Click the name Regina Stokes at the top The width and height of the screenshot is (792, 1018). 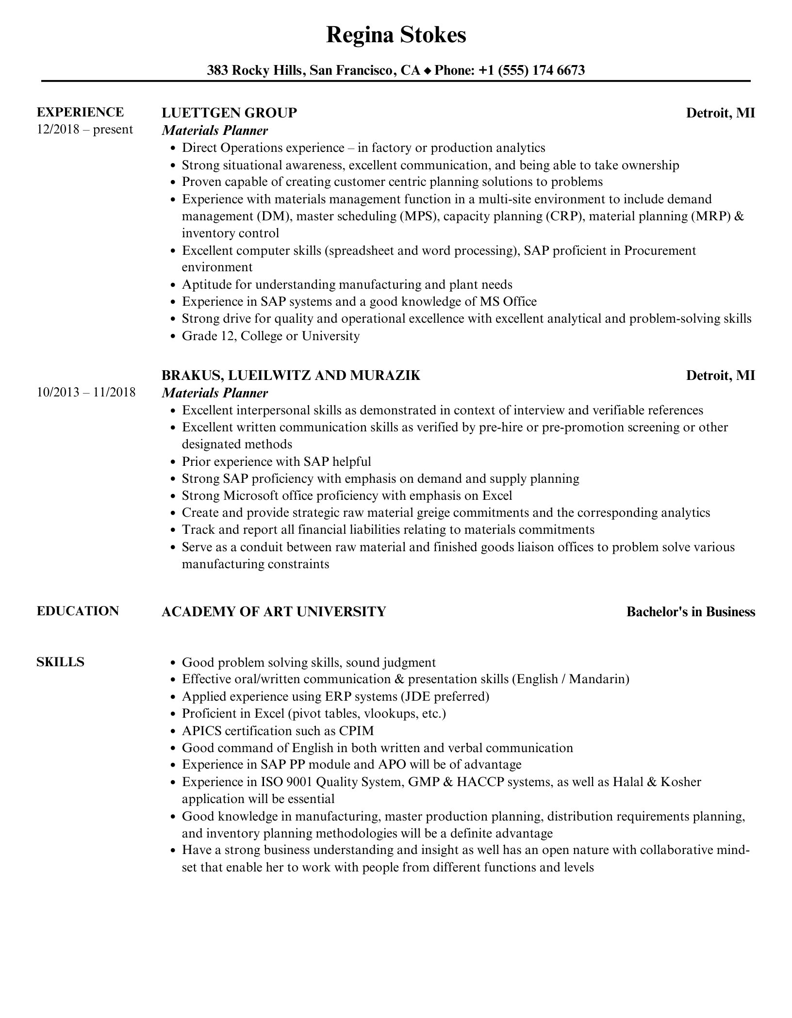396,35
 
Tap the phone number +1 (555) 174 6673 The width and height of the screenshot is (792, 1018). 531,71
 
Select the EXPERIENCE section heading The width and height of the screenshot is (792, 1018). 81,112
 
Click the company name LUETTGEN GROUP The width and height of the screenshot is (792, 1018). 229,113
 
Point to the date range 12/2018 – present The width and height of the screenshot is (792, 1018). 85,130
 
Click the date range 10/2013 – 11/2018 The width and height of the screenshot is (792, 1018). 86,392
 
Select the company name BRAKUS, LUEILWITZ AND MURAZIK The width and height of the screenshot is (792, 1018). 291,376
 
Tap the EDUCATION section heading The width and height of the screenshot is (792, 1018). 78,611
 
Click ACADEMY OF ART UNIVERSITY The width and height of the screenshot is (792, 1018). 274,612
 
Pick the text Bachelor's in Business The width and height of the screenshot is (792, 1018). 691,612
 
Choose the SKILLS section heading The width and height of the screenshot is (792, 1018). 60,662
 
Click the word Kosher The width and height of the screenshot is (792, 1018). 681,782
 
